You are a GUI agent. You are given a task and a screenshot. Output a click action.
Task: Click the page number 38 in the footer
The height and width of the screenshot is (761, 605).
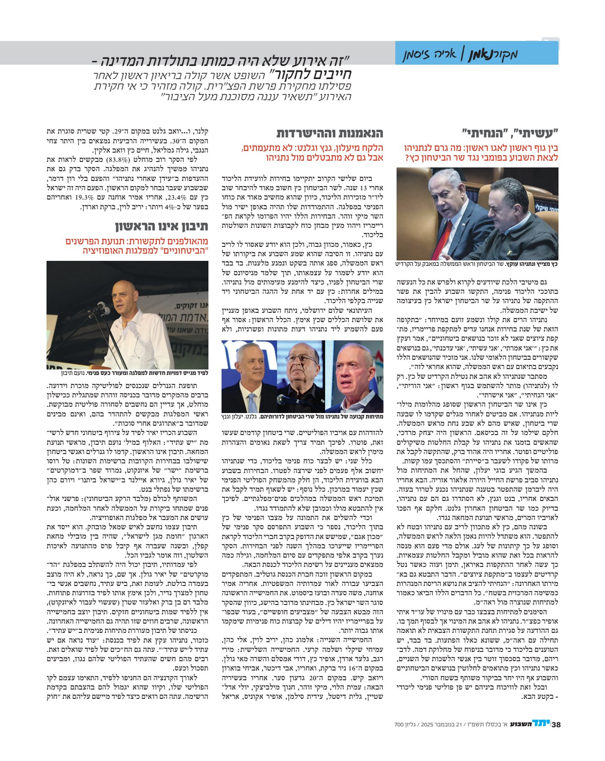tap(556, 724)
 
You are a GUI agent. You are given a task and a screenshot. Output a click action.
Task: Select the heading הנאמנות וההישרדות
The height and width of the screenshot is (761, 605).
tap(330, 133)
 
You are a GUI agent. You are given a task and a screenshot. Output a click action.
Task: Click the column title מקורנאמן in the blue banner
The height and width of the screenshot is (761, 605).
tap(493, 55)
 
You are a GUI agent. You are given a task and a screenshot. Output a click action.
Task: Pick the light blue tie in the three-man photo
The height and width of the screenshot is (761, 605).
tap(252, 402)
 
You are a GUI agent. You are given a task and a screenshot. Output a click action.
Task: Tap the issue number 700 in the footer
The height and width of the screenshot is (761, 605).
tap(399, 725)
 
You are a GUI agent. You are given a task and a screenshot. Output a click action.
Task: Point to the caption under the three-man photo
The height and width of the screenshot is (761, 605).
tap(302, 416)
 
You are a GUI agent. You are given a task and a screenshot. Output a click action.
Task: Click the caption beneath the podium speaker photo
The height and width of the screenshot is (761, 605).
tap(127, 373)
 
